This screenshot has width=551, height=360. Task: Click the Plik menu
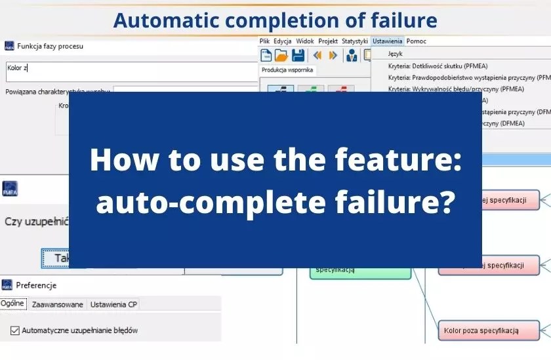click(x=264, y=41)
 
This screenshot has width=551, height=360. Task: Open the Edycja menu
click(x=282, y=41)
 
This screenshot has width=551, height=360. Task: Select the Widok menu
click(x=304, y=41)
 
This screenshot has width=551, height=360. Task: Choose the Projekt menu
click(x=328, y=41)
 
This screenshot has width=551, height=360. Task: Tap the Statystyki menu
click(x=354, y=41)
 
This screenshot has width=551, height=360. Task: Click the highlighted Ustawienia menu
click(x=387, y=41)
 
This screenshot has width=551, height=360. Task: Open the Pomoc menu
click(x=416, y=41)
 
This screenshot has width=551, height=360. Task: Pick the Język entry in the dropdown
click(x=396, y=54)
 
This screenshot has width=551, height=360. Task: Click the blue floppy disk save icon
click(x=298, y=55)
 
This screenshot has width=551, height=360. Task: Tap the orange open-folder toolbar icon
click(x=281, y=55)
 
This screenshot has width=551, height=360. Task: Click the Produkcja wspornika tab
click(x=287, y=70)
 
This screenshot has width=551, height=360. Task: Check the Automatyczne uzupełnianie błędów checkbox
click(x=15, y=330)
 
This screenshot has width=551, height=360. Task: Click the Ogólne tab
click(x=12, y=304)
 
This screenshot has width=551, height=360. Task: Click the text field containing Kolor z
click(x=131, y=71)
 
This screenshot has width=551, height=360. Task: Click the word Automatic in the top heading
click(x=158, y=20)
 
